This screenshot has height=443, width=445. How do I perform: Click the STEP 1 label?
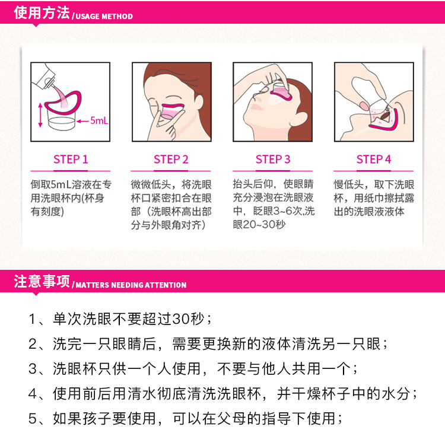(x=71, y=160)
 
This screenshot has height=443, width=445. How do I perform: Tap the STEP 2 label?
(x=171, y=160)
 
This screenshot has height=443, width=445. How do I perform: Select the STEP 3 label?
(x=273, y=160)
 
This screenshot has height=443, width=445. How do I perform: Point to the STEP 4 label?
(x=373, y=160)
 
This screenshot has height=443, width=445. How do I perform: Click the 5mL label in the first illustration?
(x=99, y=120)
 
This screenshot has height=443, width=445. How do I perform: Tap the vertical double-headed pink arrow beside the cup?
(x=40, y=115)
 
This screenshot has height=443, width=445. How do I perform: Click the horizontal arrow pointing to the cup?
(x=82, y=121)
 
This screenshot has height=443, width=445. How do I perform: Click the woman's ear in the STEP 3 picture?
(x=301, y=119)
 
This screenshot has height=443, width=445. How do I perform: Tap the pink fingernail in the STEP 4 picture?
(x=364, y=106)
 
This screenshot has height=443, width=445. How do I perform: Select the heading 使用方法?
(x=42, y=12)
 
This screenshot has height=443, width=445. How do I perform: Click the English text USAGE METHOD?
(x=104, y=16)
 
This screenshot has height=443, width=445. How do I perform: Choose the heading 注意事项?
(x=42, y=281)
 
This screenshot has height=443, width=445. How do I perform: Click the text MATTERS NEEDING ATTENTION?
(x=131, y=285)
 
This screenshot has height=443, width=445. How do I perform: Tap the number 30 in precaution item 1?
(x=181, y=319)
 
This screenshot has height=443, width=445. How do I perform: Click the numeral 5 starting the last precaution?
(x=33, y=419)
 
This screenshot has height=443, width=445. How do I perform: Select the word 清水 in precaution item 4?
(x=142, y=394)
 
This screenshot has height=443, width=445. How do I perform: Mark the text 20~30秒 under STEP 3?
(x=259, y=224)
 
